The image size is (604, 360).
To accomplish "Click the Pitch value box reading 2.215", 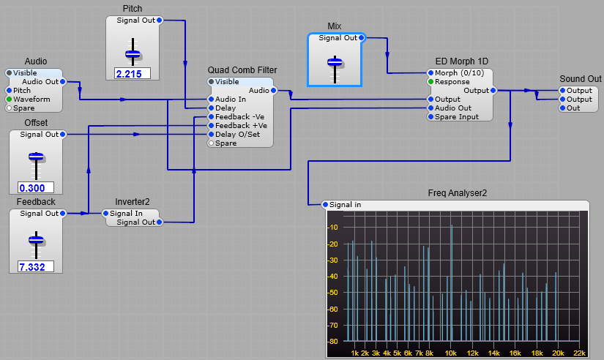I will click(x=133, y=73).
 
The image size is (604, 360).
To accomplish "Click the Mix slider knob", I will click(x=335, y=61).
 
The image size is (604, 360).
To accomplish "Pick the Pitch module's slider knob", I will click(x=133, y=53).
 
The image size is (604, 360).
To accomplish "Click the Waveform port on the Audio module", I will click(x=10, y=99).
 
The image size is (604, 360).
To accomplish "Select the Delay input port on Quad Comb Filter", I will click(x=212, y=108).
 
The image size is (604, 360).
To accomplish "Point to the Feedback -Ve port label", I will click(x=241, y=116).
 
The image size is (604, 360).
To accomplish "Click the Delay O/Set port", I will click(x=212, y=134).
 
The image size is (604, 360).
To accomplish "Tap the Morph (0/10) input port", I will click(x=430, y=73).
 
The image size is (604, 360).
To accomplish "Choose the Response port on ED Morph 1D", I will click(x=430, y=82).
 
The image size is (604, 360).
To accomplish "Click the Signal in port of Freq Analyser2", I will click(x=326, y=204).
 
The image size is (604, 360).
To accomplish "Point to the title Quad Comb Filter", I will click(x=242, y=70).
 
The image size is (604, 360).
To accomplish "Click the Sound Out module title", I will click(x=580, y=79).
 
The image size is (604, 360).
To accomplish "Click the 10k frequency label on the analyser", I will click(x=451, y=353).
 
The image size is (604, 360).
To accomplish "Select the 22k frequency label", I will click(x=579, y=353).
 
